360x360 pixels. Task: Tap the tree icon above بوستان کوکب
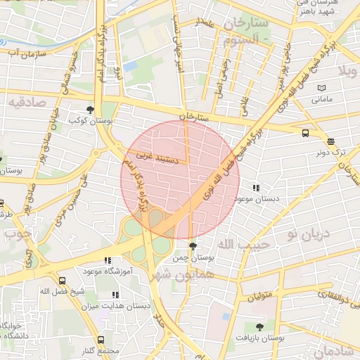[89, 110]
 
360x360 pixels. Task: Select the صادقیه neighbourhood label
[27, 103]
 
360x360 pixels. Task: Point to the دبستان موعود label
[257, 199]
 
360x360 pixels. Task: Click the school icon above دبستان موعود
[257, 188]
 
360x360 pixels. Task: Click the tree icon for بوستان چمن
[193, 245]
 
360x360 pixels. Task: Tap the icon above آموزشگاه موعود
[108, 261]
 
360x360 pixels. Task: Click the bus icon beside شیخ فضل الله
[63, 281]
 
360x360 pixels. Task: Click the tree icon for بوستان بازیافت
[260, 327]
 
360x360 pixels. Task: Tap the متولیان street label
[259, 297]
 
